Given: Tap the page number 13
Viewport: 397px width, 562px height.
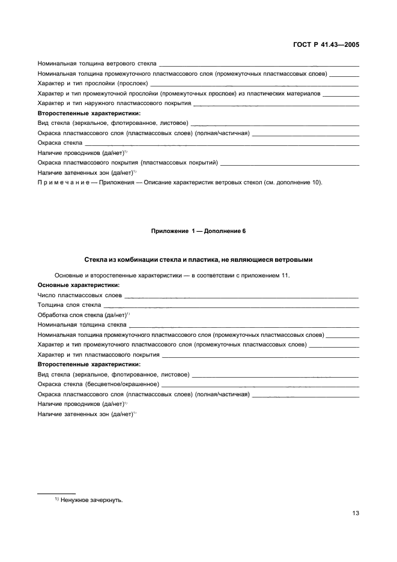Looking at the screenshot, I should tap(355, 513).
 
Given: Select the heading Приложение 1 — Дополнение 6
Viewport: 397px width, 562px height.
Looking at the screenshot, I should tap(198, 231).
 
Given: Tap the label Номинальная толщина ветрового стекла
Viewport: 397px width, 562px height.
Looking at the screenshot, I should tap(97, 63).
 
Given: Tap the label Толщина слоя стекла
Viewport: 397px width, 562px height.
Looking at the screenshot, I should tap(69, 305).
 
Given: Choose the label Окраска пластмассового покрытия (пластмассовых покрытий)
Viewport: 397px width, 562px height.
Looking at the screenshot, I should tap(127, 163).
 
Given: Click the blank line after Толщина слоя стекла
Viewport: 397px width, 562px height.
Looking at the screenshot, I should tap(231, 305).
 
